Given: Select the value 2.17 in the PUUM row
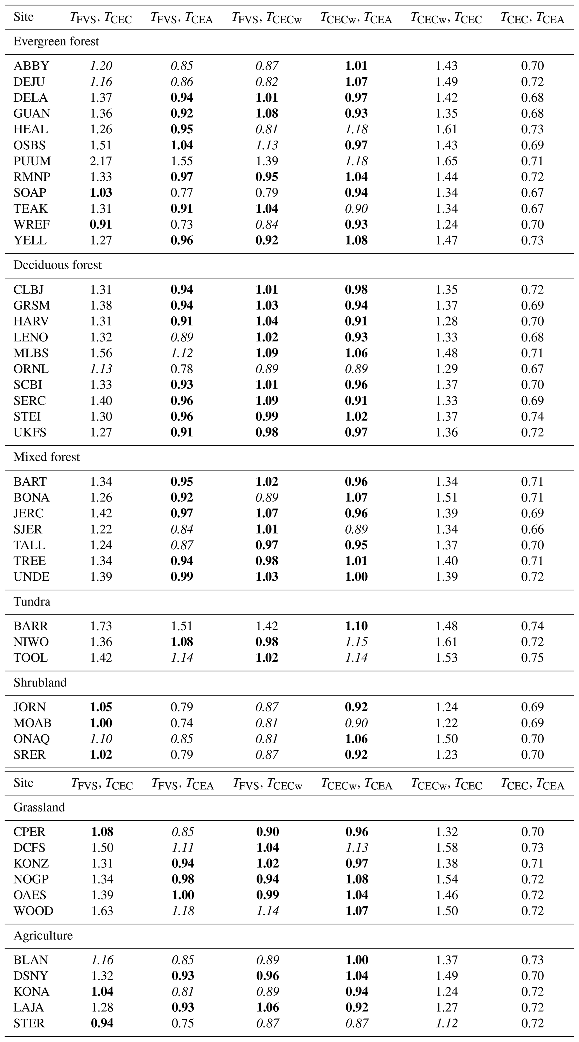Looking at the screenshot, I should (x=101, y=161).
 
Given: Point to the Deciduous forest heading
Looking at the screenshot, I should (x=57, y=265).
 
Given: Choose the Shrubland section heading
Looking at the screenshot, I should (x=40, y=682).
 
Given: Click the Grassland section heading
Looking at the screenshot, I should (x=39, y=807).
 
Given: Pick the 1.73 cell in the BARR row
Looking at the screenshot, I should (x=101, y=626).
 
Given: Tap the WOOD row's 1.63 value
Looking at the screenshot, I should (x=102, y=911).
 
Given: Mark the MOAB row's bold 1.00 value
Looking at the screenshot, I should (x=101, y=723).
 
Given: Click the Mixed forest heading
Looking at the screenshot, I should (x=46, y=457).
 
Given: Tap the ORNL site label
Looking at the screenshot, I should (x=31, y=369).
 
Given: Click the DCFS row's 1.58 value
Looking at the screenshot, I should (x=447, y=847).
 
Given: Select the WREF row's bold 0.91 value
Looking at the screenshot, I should (x=101, y=224).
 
